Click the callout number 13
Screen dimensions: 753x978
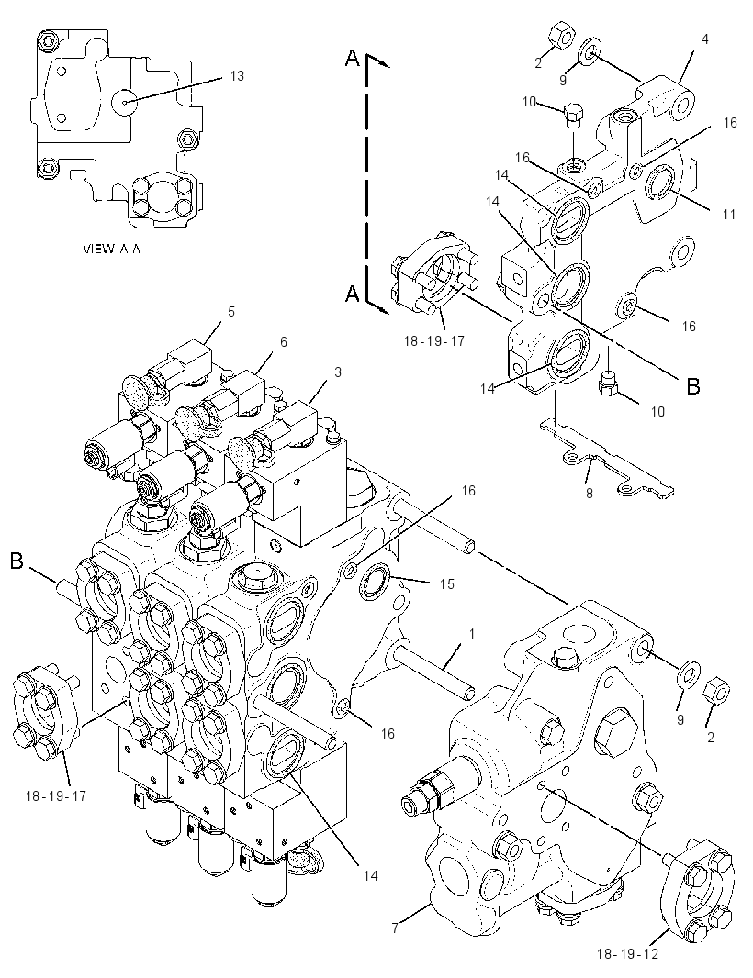[237, 76]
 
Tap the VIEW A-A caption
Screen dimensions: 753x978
[111, 249]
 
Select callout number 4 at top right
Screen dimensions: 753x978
[705, 39]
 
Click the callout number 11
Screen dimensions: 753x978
[728, 214]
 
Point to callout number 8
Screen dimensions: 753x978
[589, 494]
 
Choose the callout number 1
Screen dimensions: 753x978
[472, 634]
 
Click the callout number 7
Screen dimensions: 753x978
[395, 928]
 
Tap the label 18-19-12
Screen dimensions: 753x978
[627, 954]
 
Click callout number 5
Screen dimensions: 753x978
[231, 311]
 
